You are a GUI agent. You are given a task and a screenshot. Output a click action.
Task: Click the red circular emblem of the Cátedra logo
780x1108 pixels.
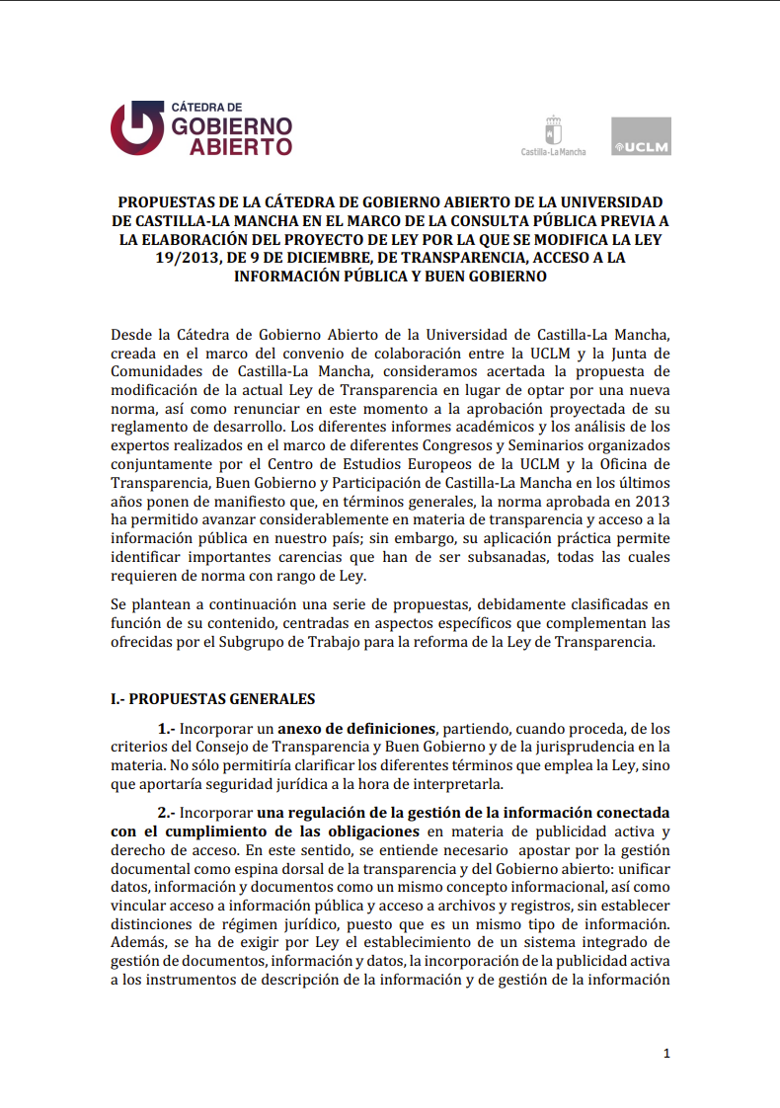tap(136, 127)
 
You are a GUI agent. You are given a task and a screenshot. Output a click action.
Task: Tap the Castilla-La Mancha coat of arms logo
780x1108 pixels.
tap(553, 131)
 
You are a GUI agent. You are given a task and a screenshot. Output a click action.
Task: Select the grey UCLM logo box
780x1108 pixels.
tap(641, 136)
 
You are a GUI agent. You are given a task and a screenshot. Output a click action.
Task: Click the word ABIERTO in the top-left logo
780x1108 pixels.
tap(241, 146)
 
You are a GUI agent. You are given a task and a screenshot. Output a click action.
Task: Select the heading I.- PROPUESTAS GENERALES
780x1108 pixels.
tap(212, 698)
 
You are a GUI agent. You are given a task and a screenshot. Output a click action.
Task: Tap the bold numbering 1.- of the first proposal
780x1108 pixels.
tap(166, 728)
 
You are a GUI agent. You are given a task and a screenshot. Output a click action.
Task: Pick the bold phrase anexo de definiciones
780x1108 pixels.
tap(357, 728)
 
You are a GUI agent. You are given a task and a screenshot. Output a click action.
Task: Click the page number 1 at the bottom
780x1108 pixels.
tap(666, 1054)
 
